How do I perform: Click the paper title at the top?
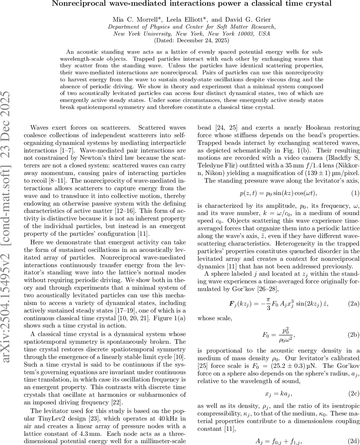(192, 4)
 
